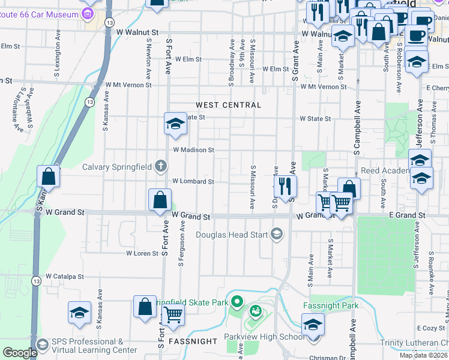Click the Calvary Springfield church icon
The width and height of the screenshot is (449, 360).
[161, 166]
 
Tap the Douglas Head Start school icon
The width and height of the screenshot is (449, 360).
[277, 233]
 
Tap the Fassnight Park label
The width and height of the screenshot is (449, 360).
[331, 305]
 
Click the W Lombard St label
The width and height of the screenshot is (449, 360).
[193, 181]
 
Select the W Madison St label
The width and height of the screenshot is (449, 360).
[193, 150]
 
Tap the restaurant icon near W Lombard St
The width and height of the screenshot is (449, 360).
[285, 185]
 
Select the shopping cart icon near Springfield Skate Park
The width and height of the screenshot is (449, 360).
[173, 313]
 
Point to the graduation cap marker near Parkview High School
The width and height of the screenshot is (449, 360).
[313, 325]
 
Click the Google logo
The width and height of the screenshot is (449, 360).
[19, 353]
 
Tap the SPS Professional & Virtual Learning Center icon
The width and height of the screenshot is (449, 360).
[42, 344]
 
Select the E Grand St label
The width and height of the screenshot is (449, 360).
[407, 215]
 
